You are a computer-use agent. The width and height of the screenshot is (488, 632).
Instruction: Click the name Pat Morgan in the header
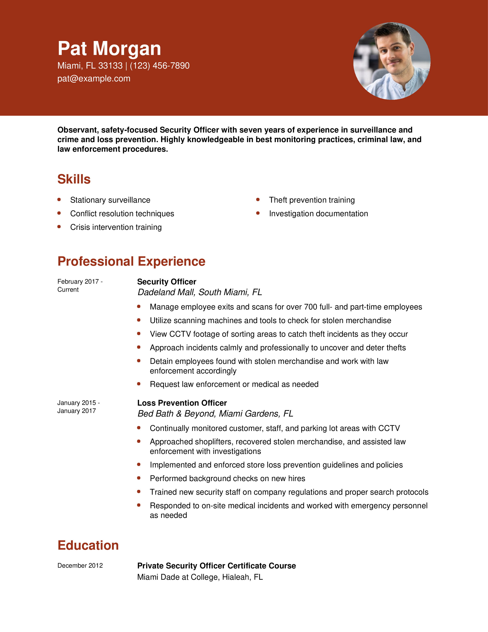click(109, 48)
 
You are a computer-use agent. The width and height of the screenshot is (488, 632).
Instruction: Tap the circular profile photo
click(392, 61)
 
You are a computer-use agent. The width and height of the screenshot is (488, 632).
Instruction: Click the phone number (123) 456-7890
click(160, 66)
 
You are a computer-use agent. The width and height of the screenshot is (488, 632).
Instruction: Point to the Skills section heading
click(74, 179)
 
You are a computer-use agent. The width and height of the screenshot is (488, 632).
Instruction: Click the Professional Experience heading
click(131, 261)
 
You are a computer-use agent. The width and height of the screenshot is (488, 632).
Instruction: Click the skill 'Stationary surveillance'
click(110, 200)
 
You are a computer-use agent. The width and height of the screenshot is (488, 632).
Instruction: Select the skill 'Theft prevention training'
click(312, 200)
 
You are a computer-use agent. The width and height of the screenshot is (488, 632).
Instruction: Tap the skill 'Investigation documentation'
click(318, 214)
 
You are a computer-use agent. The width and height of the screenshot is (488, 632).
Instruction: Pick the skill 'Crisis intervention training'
click(116, 227)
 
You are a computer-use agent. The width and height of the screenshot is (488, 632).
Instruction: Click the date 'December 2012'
click(80, 565)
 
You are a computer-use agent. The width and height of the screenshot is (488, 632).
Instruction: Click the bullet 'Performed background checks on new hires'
click(227, 478)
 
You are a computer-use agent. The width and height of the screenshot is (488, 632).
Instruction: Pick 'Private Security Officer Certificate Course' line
click(216, 566)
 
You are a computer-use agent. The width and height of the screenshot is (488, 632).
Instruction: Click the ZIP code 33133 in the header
click(110, 66)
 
